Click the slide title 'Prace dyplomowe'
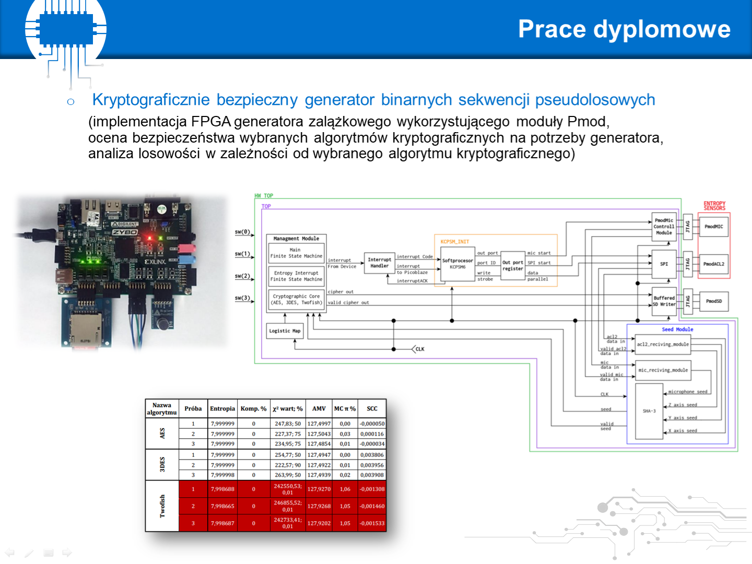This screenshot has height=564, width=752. click(x=624, y=29)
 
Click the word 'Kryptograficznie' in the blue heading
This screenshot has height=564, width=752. click(x=151, y=100)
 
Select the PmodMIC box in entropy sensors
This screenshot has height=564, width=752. click(x=713, y=227)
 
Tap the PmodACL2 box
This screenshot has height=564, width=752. click(x=713, y=264)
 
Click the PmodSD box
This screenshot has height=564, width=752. click(x=713, y=301)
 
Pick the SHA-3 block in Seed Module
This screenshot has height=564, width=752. click(x=649, y=411)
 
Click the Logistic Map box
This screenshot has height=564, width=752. click(x=285, y=331)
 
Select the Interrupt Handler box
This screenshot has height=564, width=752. click(x=379, y=263)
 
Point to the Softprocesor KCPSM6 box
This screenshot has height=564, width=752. click(x=457, y=264)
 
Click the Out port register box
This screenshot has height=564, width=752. click(x=512, y=266)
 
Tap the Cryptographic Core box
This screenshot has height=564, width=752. click(x=296, y=299)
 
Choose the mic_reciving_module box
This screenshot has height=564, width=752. click(x=663, y=370)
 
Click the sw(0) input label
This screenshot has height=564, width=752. click(x=242, y=232)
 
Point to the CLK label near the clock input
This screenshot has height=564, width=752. click(x=420, y=349)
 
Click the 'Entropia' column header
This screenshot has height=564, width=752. click(x=222, y=409)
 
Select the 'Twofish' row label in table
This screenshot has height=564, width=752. click(x=162, y=506)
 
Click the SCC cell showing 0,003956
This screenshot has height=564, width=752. click(x=372, y=465)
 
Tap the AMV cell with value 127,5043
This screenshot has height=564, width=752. click(x=319, y=434)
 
